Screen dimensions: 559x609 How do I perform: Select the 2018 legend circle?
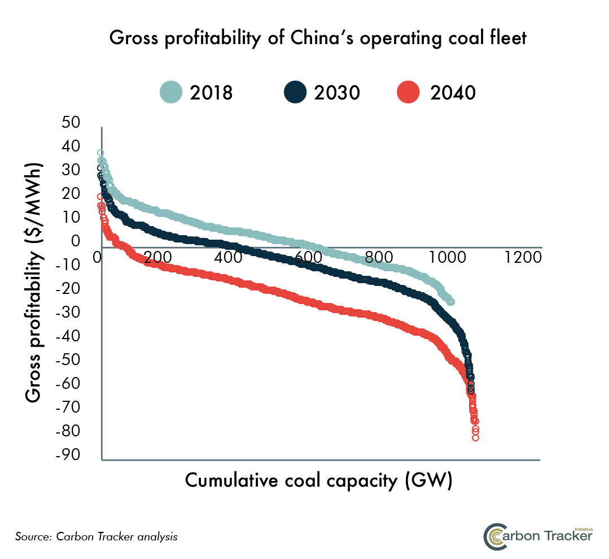pos(171,92)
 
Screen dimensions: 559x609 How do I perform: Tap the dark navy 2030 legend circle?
pos(295,92)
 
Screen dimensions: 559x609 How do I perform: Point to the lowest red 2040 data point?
pos(476,437)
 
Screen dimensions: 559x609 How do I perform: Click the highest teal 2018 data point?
pos(100,153)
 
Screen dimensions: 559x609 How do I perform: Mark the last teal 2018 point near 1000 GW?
pos(451,302)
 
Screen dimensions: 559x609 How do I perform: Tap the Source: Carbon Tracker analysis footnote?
pos(97,536)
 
